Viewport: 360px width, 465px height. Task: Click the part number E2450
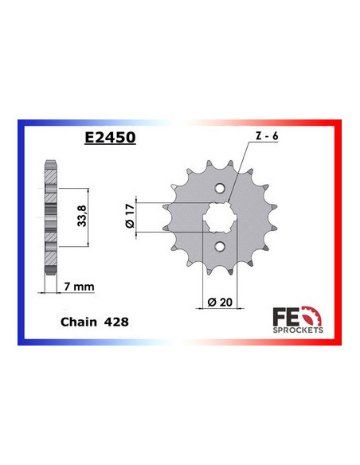point(109,137)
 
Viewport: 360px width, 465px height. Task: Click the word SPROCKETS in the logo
point(298,328)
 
